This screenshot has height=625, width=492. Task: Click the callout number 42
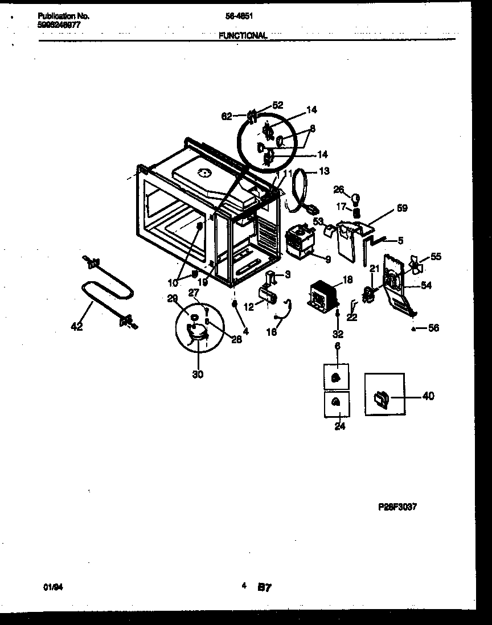click(x=76, y=327)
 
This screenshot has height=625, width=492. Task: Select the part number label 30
click(x=198, y=374)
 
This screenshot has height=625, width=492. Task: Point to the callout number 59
click(x=402, y=209)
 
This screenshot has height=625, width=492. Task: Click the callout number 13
click(x=324, y=171)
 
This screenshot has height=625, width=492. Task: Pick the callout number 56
click(x=433, y=328)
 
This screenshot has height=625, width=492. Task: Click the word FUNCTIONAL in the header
click(x=243, y=35)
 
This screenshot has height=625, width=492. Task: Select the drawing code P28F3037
click(x=397, y=507)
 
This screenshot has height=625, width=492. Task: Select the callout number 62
click(x=227, y=116)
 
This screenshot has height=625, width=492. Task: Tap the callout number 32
click(x=338, y=334)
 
